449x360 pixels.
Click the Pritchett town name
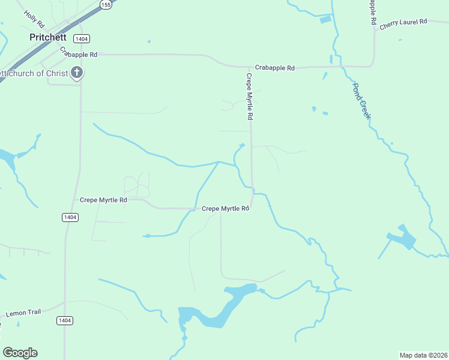pos(48,37)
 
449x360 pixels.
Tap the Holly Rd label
pos(34,19)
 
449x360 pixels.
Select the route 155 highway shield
pos(106,5)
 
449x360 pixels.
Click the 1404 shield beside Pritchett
pos(82,38)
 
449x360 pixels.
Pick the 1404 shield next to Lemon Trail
pos(65,320)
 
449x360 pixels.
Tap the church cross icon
pos(77,73)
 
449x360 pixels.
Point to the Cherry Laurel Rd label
pos(403,22)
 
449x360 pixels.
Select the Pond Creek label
pos(361,100)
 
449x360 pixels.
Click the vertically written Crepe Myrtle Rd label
pos(250,96)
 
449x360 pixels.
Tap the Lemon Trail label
pos(22,313)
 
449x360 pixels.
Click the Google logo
pos(20,353)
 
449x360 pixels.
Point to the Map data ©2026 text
pos(424,355)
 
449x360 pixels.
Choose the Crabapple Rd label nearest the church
pos(79,54)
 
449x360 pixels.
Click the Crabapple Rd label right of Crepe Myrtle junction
pos(274,68)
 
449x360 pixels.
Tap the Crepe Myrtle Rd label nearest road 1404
pos(103,200)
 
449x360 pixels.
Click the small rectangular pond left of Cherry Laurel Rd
pos(325,20)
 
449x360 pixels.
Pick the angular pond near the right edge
pos(403,238)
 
